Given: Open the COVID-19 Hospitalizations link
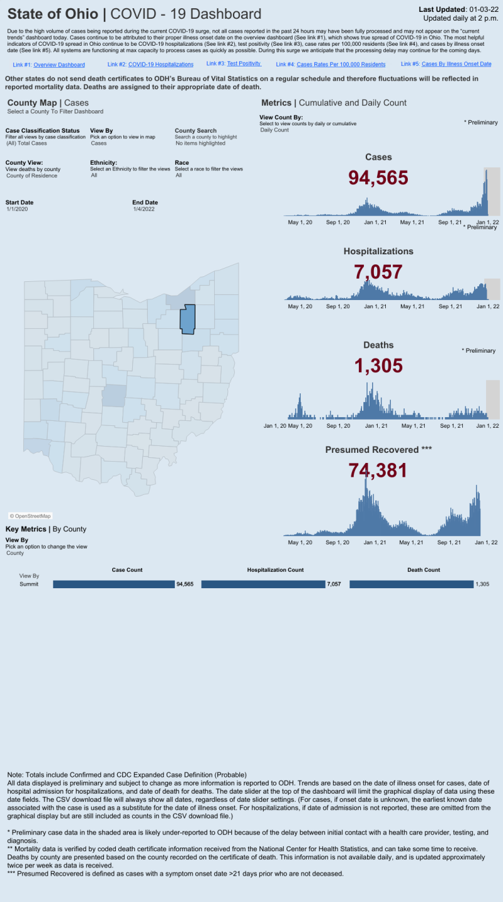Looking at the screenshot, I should tap(160, 65).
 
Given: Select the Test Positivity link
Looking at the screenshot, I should tap(244, 64).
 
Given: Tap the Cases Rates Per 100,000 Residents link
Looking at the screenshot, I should tap(341, 65).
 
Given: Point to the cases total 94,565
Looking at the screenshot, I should tap(378, 178).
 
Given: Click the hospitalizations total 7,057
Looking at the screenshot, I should tap(378, 272).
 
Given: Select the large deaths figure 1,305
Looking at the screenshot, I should tap(378, 366).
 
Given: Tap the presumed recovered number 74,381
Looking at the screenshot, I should tap(378, 470).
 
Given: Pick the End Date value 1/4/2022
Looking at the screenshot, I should tap(143, 209).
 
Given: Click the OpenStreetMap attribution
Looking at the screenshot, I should tap(30, 516).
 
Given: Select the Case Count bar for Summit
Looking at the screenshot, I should tap(113, 584).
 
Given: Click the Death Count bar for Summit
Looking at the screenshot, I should tap(411, 584).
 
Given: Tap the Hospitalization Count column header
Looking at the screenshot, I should tap(275, 570).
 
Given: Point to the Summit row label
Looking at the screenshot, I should tap(29, 584).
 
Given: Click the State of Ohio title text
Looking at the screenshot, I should tap(53, 14).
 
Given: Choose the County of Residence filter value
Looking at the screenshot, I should tap(31, 175).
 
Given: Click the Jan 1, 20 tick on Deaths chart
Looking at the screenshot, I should tap(275, 426).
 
